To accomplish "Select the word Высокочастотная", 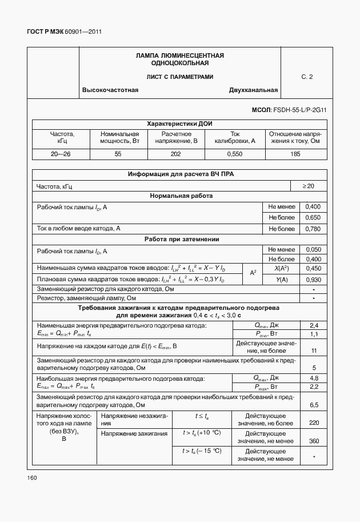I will click(110, 90).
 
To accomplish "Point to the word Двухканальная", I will click(253, 90).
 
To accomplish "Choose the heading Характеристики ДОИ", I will click(179, 123).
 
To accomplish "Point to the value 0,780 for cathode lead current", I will click(313, 229).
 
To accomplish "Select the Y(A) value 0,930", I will click(313, 280).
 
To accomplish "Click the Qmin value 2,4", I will click(314, 325).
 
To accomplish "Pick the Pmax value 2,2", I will click(314, 387).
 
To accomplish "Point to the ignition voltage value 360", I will click(314, 441).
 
